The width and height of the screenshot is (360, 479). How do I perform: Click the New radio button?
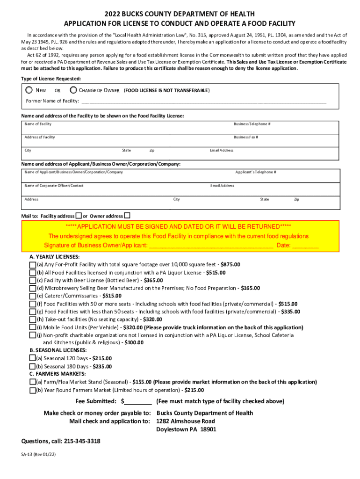[x=29, y=90]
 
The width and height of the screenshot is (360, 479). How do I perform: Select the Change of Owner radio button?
[x=73, y=90]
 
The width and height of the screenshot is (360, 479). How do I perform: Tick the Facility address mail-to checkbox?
[x=79, y=216]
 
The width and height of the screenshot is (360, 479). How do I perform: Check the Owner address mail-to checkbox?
[x=127, y=216]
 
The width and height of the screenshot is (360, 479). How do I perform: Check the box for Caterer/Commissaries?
[x=32, y=296]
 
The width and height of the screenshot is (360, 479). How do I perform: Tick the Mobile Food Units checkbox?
[x=32, y=327]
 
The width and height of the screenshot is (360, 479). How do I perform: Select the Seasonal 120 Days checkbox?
[x=32, y=359]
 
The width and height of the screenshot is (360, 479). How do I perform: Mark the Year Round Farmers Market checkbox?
[x=32, y=390]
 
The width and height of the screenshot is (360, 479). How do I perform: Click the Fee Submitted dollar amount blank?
[x=138, y=401]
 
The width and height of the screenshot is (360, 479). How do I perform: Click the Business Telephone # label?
[x=252, y=124]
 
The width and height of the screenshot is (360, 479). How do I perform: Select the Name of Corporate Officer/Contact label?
[x=54, y=186]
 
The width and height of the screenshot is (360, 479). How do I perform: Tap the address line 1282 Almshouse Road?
[x=186, y=421]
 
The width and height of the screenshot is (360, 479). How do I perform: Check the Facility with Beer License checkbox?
[x=32, y=281]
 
